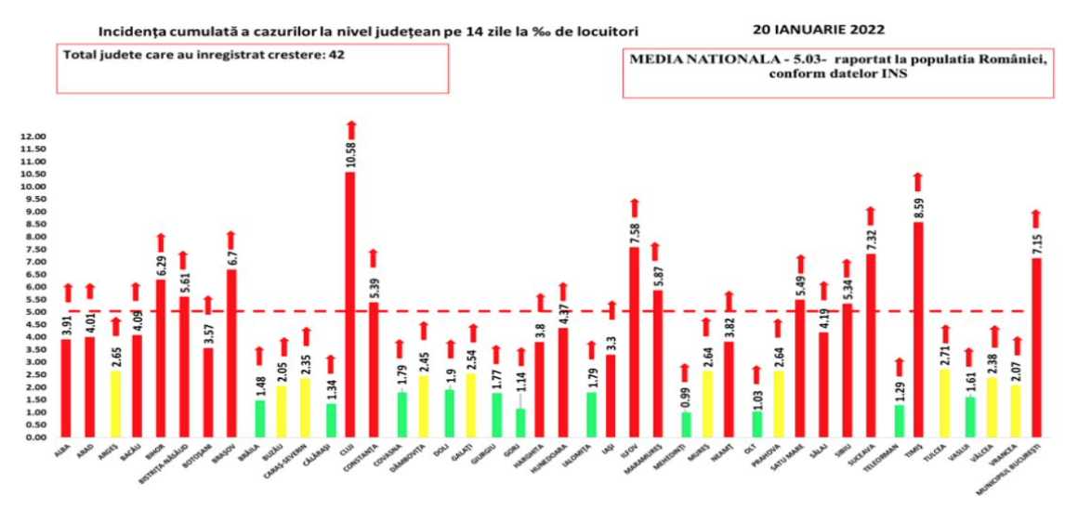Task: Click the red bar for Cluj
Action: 350,307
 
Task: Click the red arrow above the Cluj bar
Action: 350,130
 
